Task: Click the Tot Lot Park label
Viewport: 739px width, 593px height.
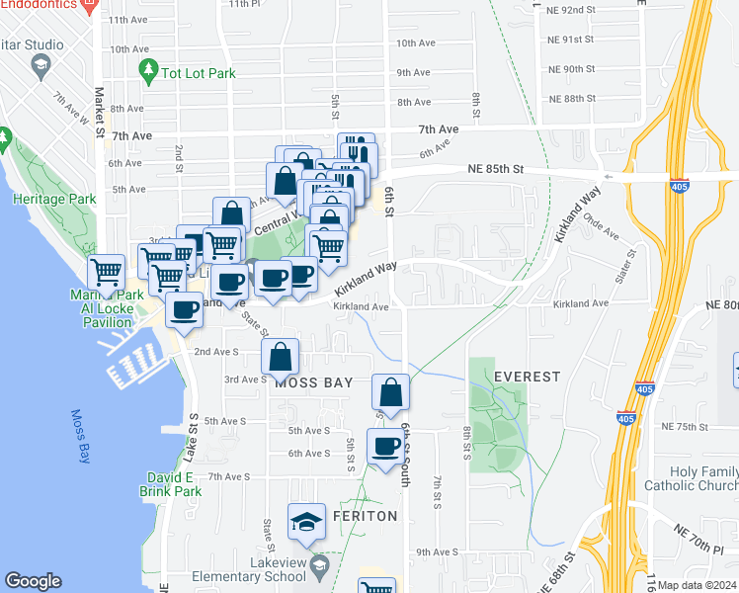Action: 197,72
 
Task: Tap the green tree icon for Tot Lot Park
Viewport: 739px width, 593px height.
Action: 148,70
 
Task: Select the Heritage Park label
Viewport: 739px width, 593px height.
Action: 54,199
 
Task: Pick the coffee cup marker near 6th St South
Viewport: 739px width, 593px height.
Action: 384,447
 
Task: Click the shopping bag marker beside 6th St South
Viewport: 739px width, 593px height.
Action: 391,391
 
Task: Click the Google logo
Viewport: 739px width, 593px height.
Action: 33,581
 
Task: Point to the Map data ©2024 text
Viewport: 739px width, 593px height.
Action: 697,585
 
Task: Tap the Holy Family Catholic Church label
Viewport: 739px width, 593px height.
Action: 697,478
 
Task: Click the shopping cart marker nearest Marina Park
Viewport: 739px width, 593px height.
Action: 106,271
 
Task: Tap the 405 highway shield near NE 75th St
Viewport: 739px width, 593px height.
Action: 624,419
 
